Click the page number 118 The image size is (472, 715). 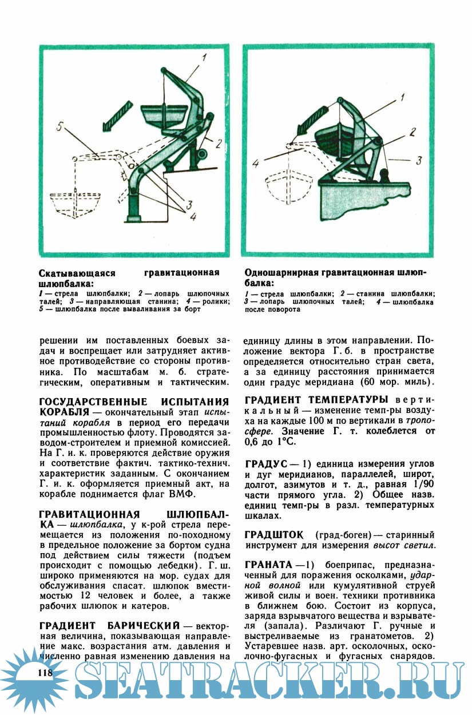44,672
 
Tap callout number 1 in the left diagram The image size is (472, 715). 204,57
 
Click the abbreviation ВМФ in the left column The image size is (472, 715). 184,494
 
